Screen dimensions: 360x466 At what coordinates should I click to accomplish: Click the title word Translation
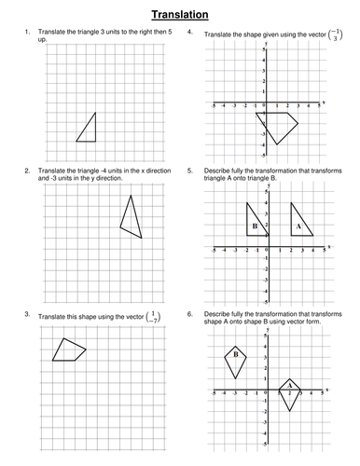point(180,14)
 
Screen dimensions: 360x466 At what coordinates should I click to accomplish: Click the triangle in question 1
point(88,130)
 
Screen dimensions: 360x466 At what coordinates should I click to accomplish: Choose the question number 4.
point(191,33)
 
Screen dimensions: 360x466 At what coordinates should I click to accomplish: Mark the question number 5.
point(191,171)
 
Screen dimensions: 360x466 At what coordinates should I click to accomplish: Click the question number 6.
point(191,314)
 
